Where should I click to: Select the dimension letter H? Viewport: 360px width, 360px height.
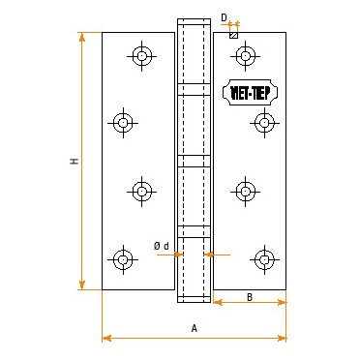pyautogui.click(x=74, y=161)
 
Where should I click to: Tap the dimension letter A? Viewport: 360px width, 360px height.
pyautogui.click(x=194, y=328)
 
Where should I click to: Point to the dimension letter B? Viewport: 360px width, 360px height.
pyautogui.click(x=249, y=296)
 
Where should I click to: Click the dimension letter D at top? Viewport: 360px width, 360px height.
pyautogui.click(x=224, y=16)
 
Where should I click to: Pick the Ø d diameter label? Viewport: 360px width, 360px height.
pyautogui.click(x=161, y=246)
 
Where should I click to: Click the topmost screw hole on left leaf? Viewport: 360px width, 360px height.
pyautogui.click(x=142, y=57)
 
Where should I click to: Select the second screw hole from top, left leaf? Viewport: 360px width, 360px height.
pyautogui.click(x=123, y=122)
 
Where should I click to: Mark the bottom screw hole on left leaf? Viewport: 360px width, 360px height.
pyautogui.click(x=123, y=258)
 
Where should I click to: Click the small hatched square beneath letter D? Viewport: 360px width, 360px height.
pyautogui.click(x=233, y=36)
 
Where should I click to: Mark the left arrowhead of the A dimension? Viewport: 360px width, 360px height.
pyautogui.click(x=105, y=338)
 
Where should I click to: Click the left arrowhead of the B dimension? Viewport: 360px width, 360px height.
pyautogui.click(x=217, y=303)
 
